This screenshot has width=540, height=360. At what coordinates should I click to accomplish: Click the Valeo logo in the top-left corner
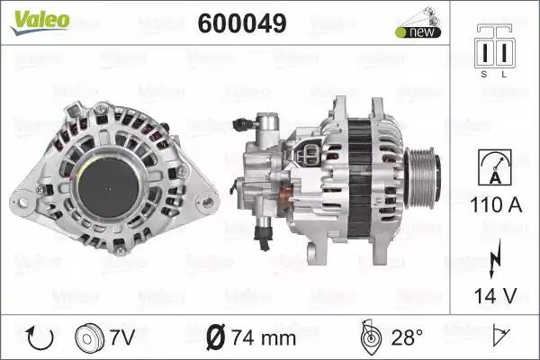(40, 22)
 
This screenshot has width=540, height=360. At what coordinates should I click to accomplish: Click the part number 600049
(242, 23)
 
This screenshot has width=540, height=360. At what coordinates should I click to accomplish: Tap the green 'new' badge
(418, 32)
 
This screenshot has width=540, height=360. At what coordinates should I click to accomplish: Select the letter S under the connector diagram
(484, 74)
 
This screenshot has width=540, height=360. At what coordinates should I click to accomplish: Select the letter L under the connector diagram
(504, 74)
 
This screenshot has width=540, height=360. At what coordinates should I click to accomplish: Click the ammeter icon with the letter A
(495, 167)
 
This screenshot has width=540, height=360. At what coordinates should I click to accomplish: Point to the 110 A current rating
(496, 204)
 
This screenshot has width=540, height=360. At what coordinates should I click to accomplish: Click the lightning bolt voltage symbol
(495, 258)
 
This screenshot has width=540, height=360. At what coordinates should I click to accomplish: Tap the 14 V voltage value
(496, 295)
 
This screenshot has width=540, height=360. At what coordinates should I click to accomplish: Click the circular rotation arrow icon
(40, 338)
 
